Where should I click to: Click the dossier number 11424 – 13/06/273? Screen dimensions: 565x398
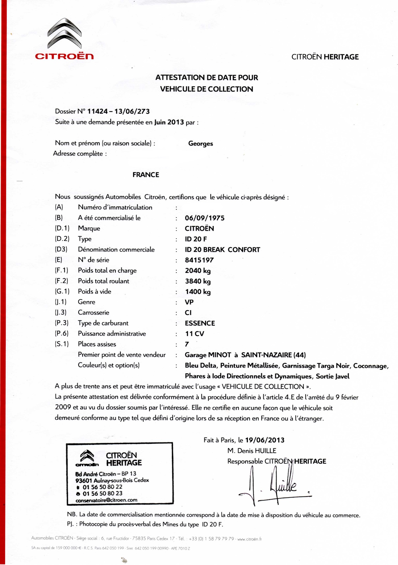coord(118,112)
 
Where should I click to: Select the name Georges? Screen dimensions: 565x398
coord(200,144)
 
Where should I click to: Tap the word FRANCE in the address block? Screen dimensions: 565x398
coord(146,175)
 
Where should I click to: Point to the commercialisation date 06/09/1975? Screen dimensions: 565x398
coord(205,218)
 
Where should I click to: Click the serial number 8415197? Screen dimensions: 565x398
coord(199,260)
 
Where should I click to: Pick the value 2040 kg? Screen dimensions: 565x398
coord(198,271)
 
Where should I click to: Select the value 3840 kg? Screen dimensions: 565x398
coord(198,281)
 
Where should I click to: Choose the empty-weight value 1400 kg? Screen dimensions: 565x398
coord(198,292)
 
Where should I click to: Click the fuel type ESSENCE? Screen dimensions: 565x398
coord(200,323)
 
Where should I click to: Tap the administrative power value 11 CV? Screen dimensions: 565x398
coord(195,334)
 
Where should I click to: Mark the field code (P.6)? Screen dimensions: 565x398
coord(62,334)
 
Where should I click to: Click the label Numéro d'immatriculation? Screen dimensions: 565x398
coord(115,207)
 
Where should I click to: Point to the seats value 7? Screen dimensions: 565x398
coord(187,344)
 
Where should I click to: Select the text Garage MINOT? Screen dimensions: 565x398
coord(208,355)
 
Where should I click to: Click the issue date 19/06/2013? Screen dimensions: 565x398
coord(265,440)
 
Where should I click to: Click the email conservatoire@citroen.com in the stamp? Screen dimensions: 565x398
coord(106,500)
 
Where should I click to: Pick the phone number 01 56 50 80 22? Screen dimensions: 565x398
coord(102,487)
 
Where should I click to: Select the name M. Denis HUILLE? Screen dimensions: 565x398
coord(252,451)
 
